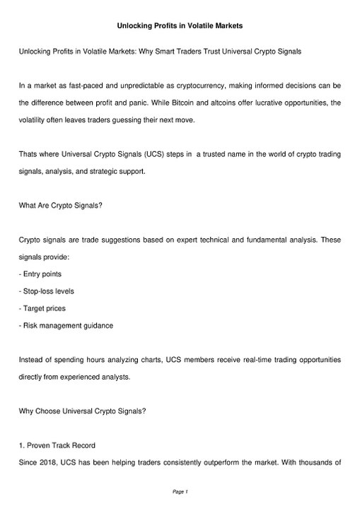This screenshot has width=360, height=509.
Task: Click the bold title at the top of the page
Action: pos(180,26)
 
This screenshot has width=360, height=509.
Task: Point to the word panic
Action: pos(146,103)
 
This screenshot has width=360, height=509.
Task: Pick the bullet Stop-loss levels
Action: pos(50,291)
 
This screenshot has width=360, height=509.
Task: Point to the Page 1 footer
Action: pos(180,491)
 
